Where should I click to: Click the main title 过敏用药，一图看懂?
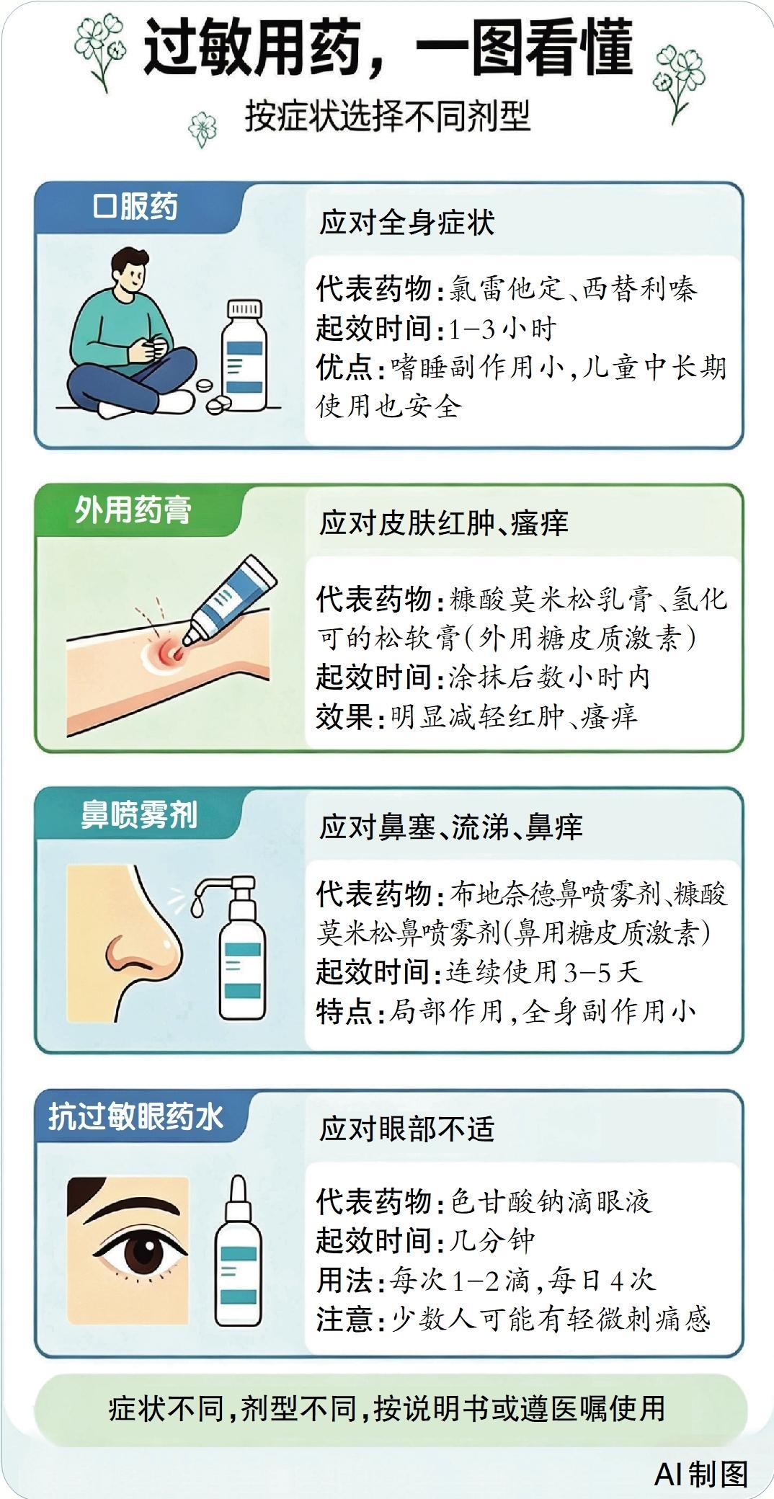coord(388,48)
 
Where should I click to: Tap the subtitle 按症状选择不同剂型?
coord(388,116)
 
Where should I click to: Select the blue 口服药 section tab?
coord(135,207)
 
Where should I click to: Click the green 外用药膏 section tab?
coord(134,510)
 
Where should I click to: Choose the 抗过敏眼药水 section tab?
coord(136,1117)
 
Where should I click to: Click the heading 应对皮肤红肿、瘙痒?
coord(444,522)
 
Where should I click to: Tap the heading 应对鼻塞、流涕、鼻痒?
coord(451,827)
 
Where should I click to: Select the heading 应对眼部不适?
coord(407,1129)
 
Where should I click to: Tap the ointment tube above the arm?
coord(229,599)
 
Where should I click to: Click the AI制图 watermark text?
coord(700,1474)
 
